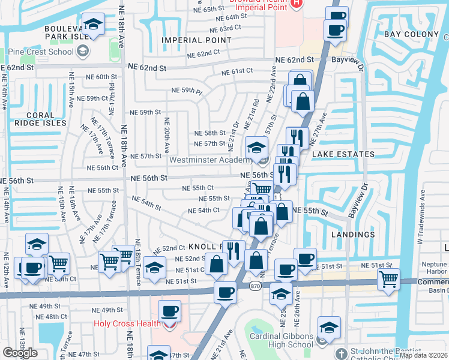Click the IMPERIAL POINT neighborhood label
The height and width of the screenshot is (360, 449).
coord(196,40)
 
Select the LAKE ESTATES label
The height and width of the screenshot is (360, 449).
coord(343,154)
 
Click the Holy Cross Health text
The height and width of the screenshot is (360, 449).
coord(125,324)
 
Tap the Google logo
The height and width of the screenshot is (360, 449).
coord(20,353)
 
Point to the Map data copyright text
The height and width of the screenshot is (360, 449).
coord(423,355)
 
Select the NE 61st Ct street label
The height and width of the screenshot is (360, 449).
coord(237,71)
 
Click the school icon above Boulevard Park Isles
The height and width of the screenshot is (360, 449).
coord(92,24)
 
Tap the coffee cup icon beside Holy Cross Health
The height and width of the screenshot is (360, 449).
coord(170,311)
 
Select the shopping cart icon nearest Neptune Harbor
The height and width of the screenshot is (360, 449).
coord(389,278)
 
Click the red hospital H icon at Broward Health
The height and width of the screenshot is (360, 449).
coord(295,4)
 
